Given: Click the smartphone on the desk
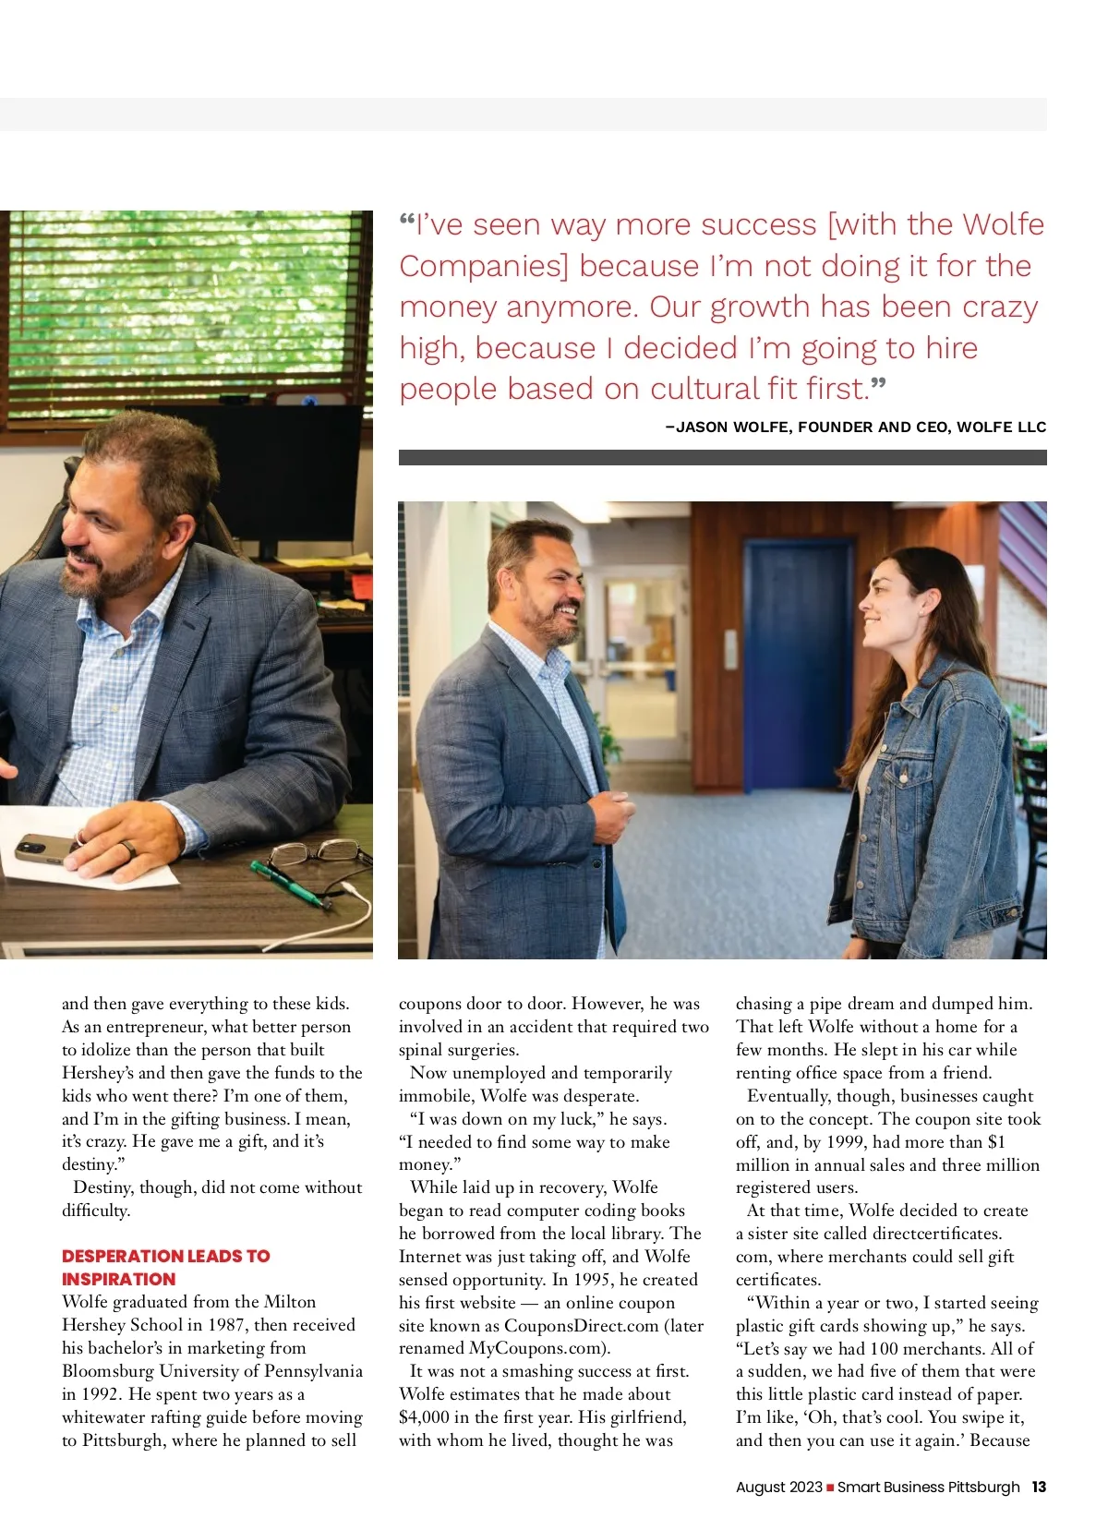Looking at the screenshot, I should point(46,847).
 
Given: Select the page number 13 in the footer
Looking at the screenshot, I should point(1039,1487).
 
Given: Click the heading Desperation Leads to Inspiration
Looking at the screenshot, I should point(165,1267).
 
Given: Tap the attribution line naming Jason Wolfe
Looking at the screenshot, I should point(856,427).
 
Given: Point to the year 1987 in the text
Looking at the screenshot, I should point(225,1325).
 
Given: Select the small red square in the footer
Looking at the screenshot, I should point(830,1488).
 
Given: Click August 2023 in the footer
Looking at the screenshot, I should point(778,1487).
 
